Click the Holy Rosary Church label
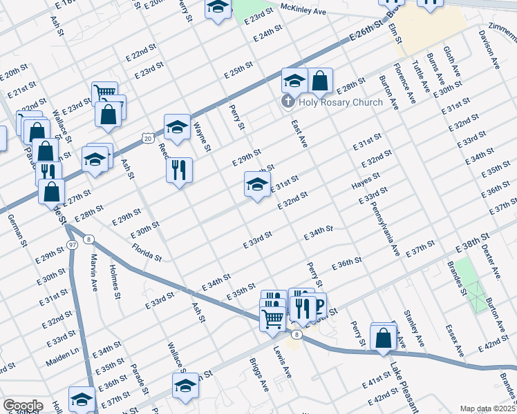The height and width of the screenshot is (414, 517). point(339,103)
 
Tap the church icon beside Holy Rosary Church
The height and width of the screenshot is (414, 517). point(287,103)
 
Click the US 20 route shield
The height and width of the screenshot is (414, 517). point(147,139)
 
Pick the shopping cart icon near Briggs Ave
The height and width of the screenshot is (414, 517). point(273,319)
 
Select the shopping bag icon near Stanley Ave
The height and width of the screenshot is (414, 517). point(384,337)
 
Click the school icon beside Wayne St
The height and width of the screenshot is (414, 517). point(177,127)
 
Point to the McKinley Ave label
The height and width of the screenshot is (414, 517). point(303,8)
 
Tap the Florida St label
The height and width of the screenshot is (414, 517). point(147,252)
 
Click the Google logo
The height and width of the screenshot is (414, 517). point(22,406)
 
